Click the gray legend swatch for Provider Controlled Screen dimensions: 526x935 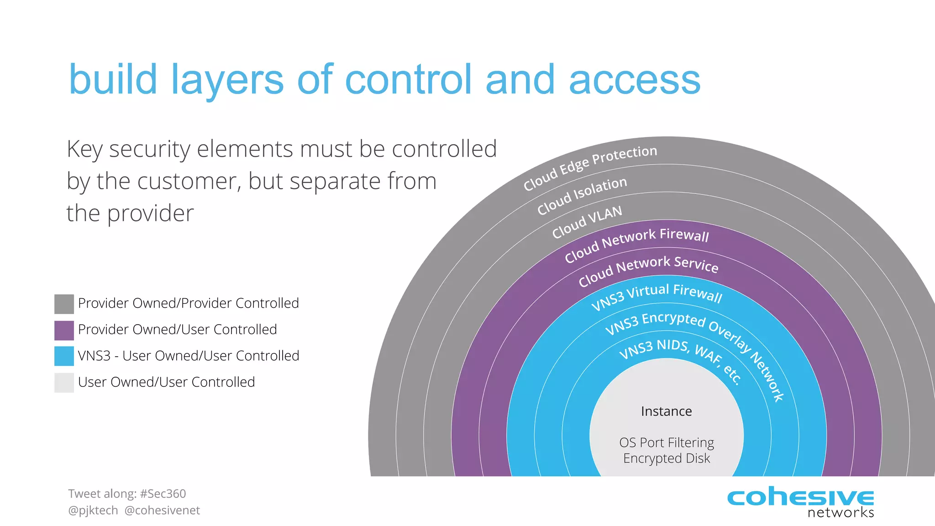point(64,304)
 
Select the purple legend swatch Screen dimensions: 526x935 point(64,331)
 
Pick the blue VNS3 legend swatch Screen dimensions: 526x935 point(64,356)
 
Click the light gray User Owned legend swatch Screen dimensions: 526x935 point(64,383)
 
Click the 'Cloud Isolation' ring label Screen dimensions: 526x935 point(582,195)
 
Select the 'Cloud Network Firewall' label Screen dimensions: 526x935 point(636,244)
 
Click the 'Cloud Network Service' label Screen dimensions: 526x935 point(648,270)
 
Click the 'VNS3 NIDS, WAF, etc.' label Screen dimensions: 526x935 point(680,356)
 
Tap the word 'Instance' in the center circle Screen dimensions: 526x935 point(666,411)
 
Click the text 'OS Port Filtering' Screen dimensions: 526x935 point(666,442)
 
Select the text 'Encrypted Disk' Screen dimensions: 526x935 point(666,458)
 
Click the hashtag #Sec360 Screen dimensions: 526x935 point(163,494)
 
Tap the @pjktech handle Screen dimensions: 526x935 point(93,510)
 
